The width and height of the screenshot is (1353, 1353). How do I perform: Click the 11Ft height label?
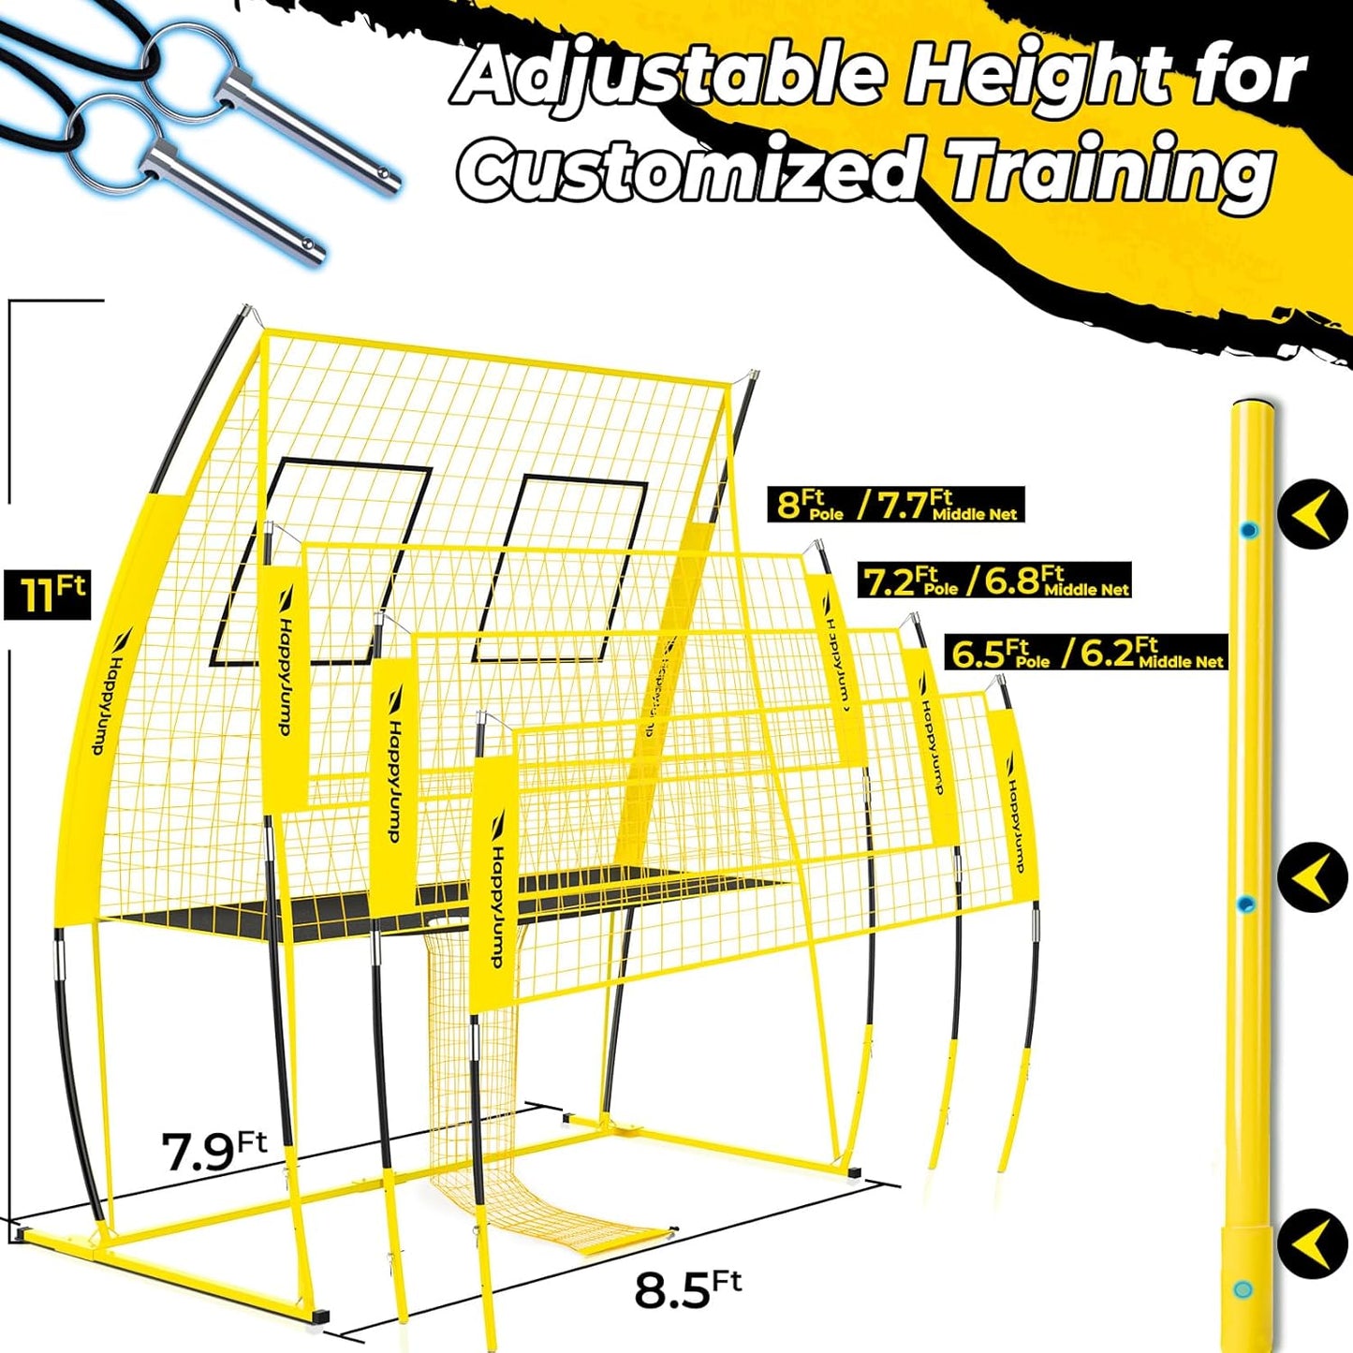tap(48, 594)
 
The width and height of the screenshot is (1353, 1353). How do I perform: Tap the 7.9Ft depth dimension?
tap(213, 1151)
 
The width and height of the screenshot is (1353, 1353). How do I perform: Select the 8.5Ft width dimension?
tap(687, 1289)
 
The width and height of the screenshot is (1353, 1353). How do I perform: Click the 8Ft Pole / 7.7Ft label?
tap(896, 505)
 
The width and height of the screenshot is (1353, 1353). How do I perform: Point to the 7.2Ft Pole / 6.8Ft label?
tap(994, 581)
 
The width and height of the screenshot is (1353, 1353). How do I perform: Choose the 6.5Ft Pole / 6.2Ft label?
tap(1085, 653)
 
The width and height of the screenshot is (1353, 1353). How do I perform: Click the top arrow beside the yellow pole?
tap(1312, 513)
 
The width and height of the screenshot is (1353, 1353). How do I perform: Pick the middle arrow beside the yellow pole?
tap(1312, 876)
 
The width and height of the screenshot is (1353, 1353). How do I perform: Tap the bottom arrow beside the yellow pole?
tap(1312, 1243)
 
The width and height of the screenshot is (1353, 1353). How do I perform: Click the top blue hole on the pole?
tap(1248, 531)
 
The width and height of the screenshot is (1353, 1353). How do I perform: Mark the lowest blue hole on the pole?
tap(1243, 1289)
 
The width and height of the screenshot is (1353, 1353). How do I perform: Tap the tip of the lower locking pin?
tap(316, 251)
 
